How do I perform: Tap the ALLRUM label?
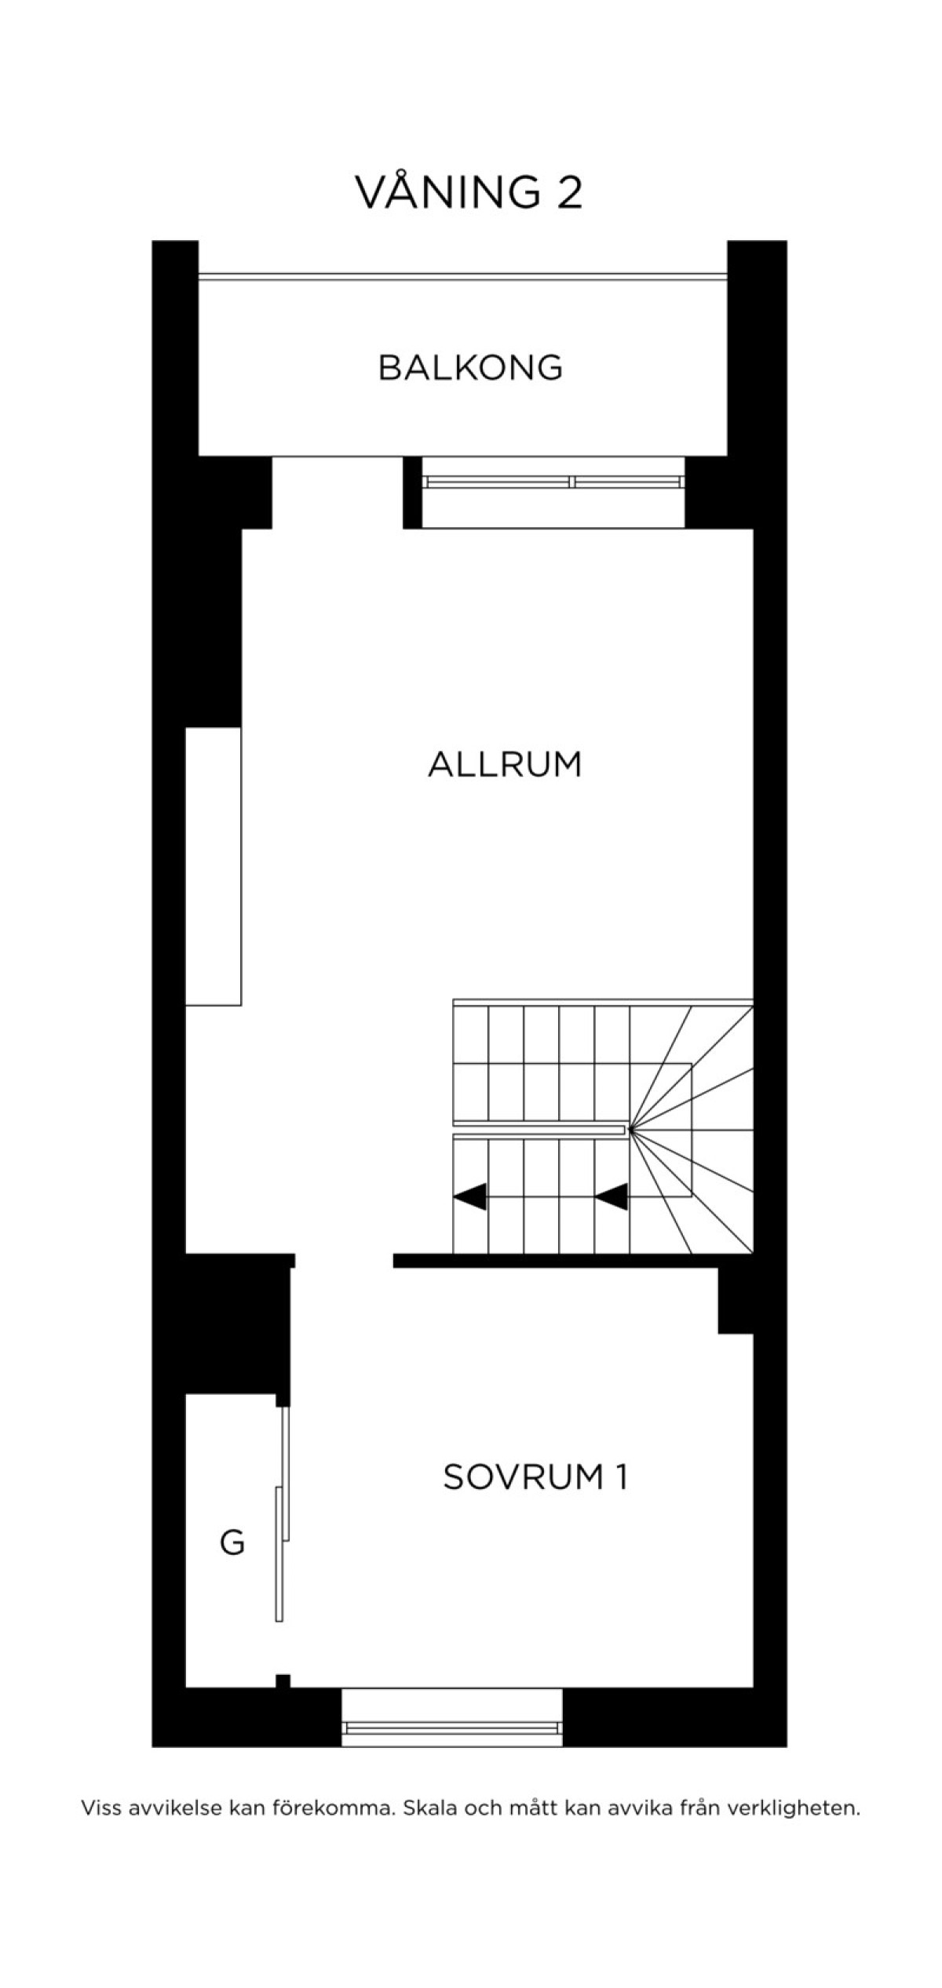tap(505, 764)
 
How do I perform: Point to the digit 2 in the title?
tap(570, 193)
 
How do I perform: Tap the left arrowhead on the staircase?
tap(470, 1197)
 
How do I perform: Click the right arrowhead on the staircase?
tap(612, 1197)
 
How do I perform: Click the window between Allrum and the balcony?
tap(553, 482)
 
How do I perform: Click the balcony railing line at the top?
tap(462, 275)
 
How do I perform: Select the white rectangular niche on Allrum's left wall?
tap(214, 866)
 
